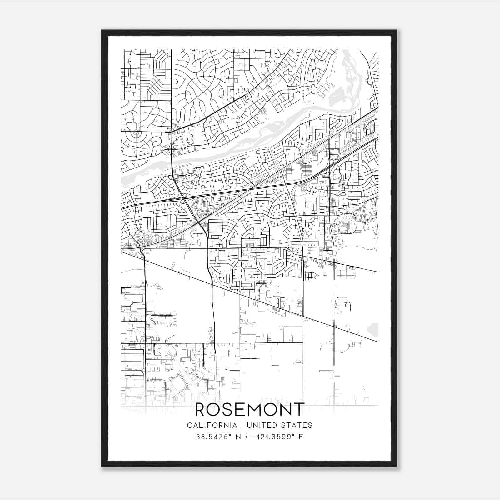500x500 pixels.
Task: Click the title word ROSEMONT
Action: (x=250, y=409)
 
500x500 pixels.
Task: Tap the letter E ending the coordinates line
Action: (x=301, y=437)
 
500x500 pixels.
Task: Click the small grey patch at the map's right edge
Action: (x=374, y=330)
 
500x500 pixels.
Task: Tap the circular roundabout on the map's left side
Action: (x=136, y=132)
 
